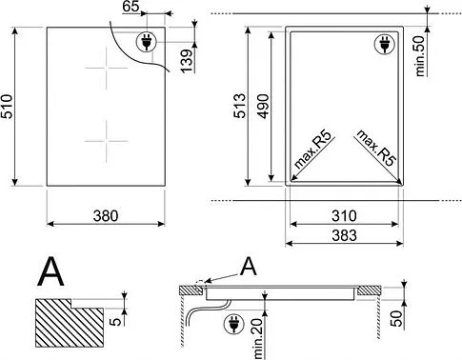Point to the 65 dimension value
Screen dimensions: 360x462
[x=131, y=8]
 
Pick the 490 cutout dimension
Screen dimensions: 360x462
[x=265, y=107]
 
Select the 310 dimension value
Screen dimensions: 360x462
[x=344, y=215]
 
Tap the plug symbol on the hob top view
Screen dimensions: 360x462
[x=148, y=43]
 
